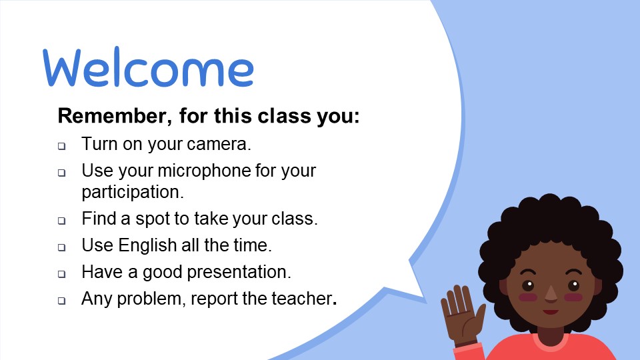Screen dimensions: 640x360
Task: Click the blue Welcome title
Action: click(148, 67)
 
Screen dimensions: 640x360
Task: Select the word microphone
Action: click(204, 171)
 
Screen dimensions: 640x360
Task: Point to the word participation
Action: click(133, 192)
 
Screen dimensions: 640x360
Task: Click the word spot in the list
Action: click(152, 219)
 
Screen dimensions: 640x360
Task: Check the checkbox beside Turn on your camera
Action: click(61, 146)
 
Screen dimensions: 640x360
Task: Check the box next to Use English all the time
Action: click(61, 247)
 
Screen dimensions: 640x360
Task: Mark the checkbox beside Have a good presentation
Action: click(61, 274)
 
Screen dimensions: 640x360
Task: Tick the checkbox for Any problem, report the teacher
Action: click(61, 301)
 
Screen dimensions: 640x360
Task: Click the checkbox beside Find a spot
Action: click(61, 221)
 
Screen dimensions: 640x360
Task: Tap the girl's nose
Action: click(551, 295)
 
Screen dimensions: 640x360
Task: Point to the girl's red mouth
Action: click(551, 312)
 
